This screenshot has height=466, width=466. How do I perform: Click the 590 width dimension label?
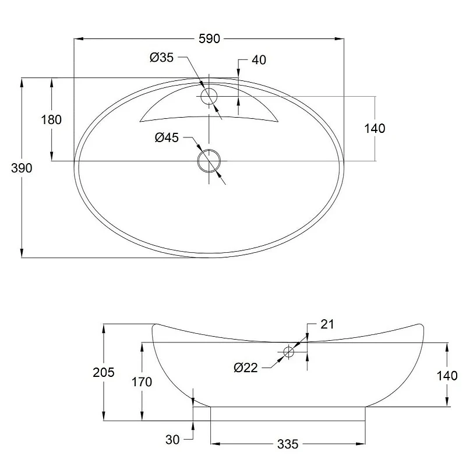tap(209, 39)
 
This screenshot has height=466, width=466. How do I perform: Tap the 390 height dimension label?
tap(22, 168)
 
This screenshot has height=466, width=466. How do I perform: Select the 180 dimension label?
tap(51, 120)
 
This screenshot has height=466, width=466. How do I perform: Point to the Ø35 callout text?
tap(161, 57)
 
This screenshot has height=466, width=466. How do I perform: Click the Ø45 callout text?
tap(167, 137)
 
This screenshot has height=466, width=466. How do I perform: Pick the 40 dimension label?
tap(259, 60)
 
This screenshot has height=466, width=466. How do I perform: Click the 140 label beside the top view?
tap(375, 128)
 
